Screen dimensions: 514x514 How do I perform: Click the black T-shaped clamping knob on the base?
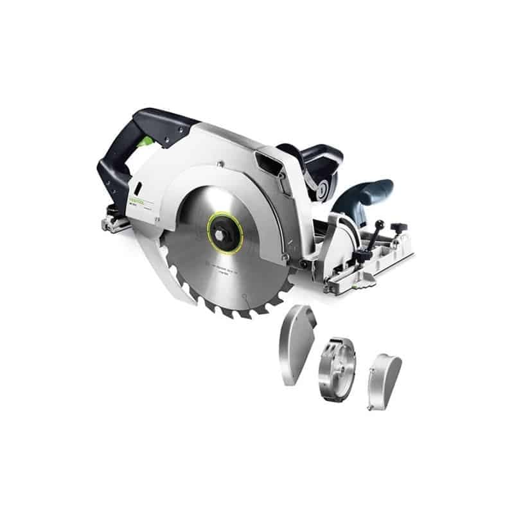coord(398,227)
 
